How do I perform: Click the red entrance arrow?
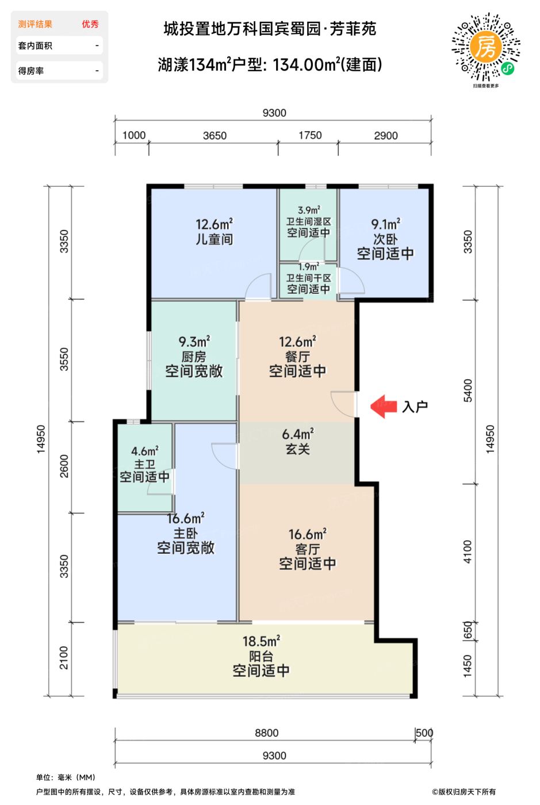click(384, 407)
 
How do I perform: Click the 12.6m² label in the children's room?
click(214, 224)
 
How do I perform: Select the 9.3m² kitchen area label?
click(194, 342)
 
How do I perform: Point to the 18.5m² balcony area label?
click(261, 641)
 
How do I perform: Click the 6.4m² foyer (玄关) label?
click(298, 435)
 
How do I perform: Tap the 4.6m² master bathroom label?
click(144, 452)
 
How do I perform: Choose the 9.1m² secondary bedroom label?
click(385, 224)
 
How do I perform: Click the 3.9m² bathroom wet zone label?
click(309, 210)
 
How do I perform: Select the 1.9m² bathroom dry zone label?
click(309, 267)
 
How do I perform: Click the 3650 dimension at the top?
click(215, 136)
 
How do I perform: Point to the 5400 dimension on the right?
click(468, 390)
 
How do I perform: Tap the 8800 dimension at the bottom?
click(267, 733)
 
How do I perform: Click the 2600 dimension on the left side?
click(64, 466)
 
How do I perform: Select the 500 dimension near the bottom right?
click(424, 733)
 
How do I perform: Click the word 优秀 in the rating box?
click(90, 24)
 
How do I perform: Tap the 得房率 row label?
click(31, 71)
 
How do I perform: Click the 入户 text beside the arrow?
click(415, 407)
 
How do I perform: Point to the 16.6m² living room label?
click(307, 535)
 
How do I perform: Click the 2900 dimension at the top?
click(385, 136)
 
